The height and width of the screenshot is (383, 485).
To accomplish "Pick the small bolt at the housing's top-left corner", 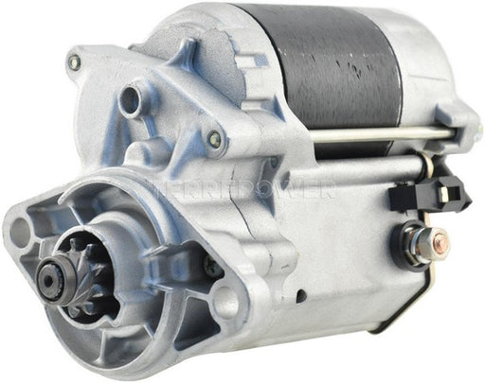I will [72, 64].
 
